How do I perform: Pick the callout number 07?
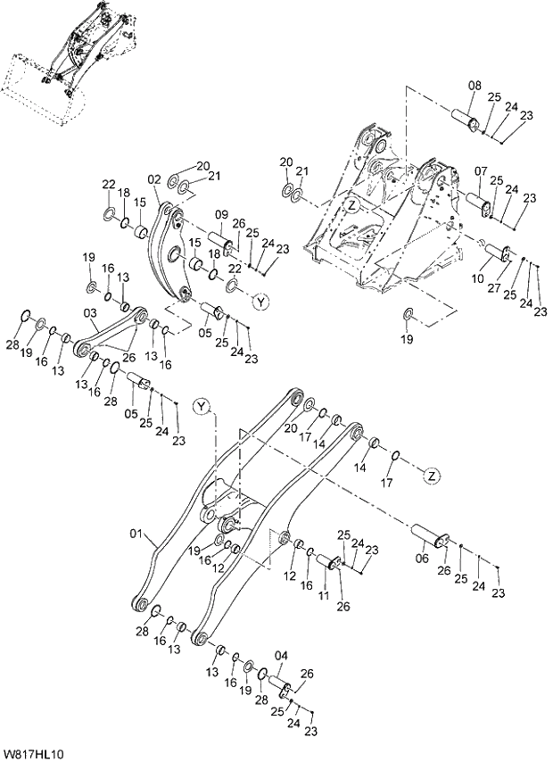(481, 170)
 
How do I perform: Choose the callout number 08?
(475, 86)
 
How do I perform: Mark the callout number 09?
(222, 213)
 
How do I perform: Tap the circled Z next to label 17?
(431, 475)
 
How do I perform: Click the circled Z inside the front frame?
(352, 205)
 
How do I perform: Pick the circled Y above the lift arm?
(202, 408)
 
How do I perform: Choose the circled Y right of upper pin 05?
(260, 302)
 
